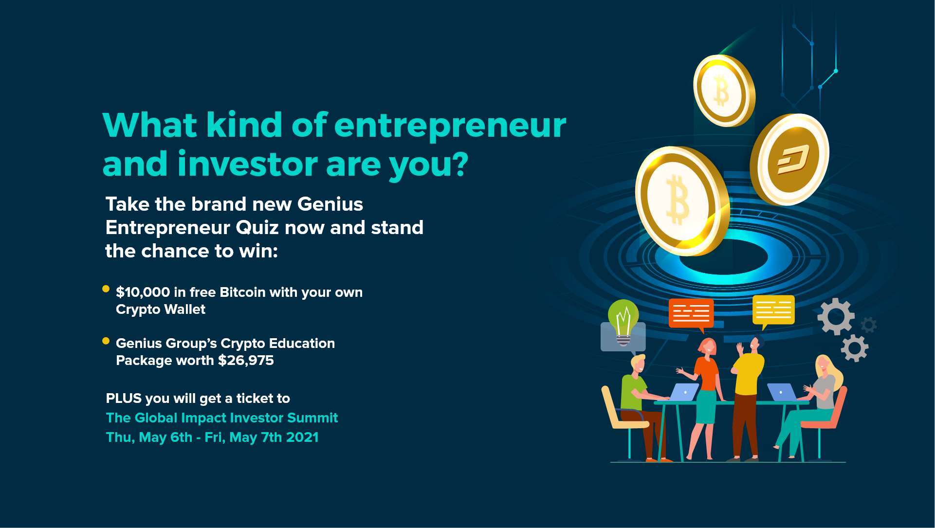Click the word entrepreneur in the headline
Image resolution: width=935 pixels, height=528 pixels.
[450, 126]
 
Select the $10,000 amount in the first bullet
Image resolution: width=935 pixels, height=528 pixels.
[143, 292]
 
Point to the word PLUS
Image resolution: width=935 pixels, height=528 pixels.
[123, 399]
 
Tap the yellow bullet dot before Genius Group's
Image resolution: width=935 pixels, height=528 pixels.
[106, 341]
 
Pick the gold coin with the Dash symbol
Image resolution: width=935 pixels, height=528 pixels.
[789, 159]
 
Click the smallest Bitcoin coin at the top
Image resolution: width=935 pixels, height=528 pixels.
[723, 91]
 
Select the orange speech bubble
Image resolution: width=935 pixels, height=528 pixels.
[691, 313]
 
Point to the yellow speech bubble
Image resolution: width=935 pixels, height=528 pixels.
[773, 310]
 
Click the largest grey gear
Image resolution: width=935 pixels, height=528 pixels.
[836, 316]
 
